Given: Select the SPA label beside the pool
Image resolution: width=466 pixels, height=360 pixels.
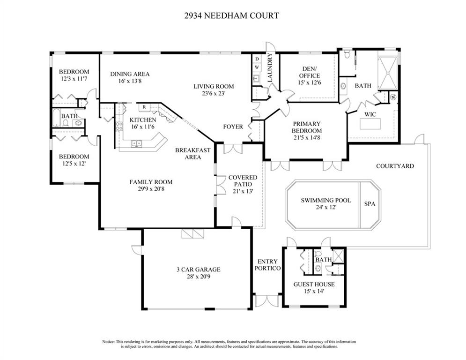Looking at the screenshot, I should click(x=370, y=204).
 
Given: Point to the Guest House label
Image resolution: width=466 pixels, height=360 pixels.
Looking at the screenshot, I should click(x=314, y=284).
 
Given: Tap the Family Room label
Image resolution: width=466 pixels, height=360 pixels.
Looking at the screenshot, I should click(x=151, y=182).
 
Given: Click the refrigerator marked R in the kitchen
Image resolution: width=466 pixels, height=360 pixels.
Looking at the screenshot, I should click(x=145, y=107).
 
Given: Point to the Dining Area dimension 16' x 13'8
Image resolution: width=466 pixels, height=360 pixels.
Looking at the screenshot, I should click(x=130, y=81).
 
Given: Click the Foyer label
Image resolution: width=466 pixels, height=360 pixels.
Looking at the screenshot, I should click(x=233, y=127).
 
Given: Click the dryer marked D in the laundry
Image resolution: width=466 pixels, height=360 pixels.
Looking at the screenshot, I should click(x=257, y=59).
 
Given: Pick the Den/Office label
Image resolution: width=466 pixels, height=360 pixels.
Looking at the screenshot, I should click(x=309, y=72).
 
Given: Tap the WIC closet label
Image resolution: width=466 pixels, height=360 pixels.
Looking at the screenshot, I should click(x=370, y=114).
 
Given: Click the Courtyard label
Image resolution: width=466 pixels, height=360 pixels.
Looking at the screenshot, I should click(x=395, y=166).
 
